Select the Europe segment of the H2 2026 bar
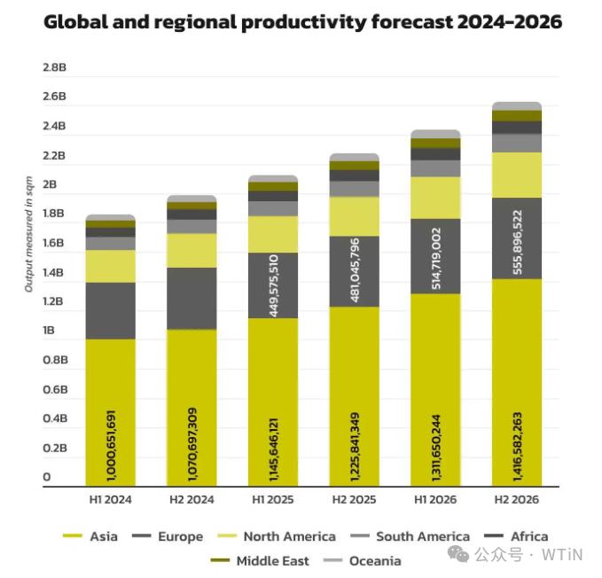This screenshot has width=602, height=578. pyautogui.click(x=517, y=238)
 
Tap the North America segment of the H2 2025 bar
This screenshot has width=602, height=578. pyautogui.click(x=355, y=216)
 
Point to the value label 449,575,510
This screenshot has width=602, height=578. pyautogui.click(x=273, y=286)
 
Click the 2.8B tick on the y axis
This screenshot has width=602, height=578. pyautogui.click(x=55, y=67)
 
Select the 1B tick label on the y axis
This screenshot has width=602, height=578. pyautogui.click(x=50, y=331)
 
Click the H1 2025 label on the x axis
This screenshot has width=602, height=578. pyautogui.click(x=273, y=499)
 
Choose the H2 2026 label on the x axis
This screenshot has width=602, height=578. pyautogui.click(x=517, y=499)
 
